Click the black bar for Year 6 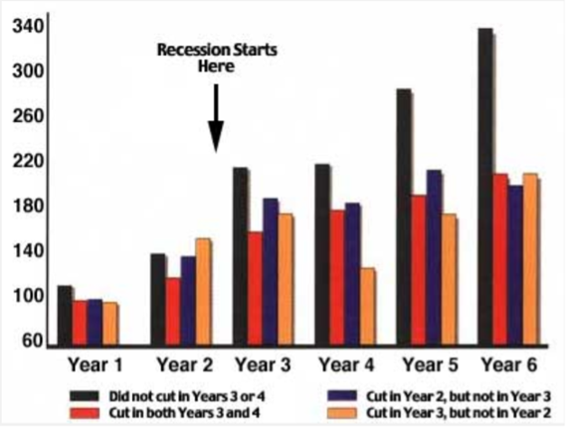tap(486, 187)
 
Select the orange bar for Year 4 tap(368, 307)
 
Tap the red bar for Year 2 tap(173, 312)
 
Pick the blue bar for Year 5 tap(434, 258)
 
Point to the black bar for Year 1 tap(65, 316)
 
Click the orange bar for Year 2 tap(203, 293)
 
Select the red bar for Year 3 tap(256, 289)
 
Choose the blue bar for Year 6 tap(516, 266)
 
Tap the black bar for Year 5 tap(404, 218)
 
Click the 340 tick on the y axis tap(27, 27)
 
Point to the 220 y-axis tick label tap(27, 162)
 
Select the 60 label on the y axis tap(33, 341)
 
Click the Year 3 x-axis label tap(263, 365)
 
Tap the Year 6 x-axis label tap(509, 365)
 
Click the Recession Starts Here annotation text tap(217, 58)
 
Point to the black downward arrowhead tap(216, 136)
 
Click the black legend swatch tap(84, 396)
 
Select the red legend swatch tap(84, 413)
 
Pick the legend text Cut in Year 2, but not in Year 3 tap(458, 397)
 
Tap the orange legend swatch tap(341, 413)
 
